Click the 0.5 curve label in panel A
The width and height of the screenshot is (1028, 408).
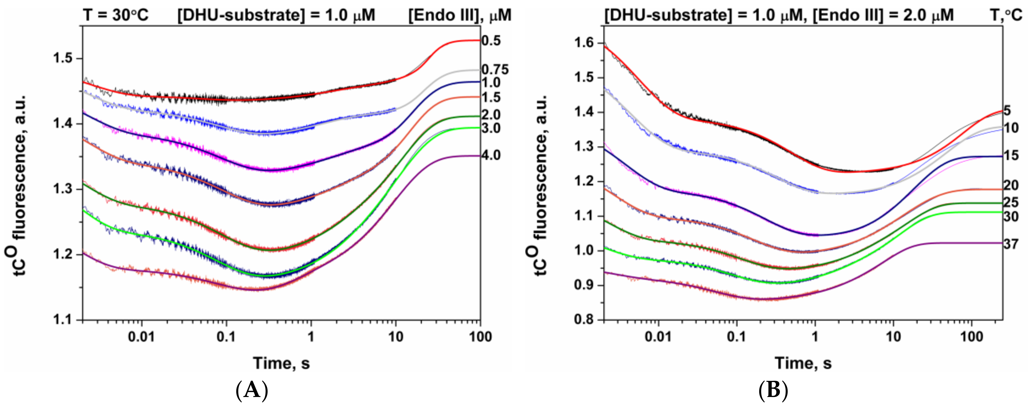[491, 41]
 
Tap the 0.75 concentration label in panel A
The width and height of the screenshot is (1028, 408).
[495, 70]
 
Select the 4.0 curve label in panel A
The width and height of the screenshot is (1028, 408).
[491, 155]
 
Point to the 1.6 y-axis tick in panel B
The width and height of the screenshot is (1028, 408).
[584, 43]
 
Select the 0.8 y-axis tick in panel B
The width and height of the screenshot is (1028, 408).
[584, 320]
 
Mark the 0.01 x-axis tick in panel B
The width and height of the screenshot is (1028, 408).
[658, 337]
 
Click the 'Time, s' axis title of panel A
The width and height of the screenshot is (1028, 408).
[281, 363]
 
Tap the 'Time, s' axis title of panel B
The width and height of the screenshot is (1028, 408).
[803, 363]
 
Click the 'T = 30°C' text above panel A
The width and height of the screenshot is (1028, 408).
[116, 15]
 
